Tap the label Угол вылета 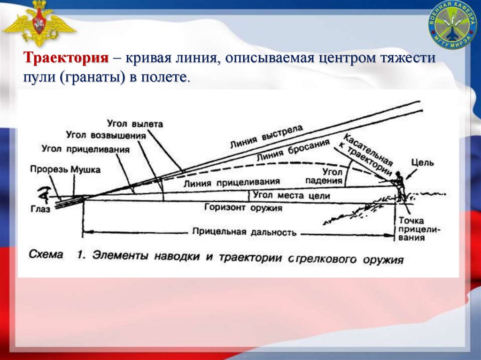coord(135,124)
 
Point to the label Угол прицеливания coord(85,149)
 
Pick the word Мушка coord(85,169)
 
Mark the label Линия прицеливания coord(233,182)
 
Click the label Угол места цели coord(291,195)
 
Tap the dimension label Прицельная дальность coord(244,231)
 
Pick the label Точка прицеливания coord(412,229)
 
